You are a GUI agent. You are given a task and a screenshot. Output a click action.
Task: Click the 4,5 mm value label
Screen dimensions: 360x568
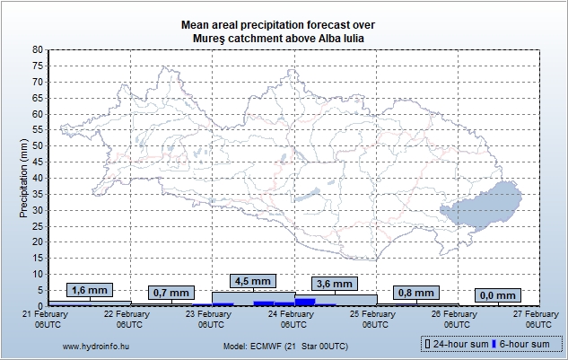(x=252, y=281)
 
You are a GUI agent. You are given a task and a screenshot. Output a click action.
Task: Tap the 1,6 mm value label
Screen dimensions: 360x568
(x=90, y=290)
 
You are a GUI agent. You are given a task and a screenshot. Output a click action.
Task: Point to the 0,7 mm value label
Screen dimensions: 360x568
(x=171, y=293)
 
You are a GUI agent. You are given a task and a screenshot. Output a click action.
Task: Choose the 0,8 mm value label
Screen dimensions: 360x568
(x=415, y=293)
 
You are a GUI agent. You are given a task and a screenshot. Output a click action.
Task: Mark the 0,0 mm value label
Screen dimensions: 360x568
(x=497, y=295)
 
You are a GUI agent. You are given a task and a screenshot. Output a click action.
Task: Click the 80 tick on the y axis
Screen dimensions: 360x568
(x=37, y=50)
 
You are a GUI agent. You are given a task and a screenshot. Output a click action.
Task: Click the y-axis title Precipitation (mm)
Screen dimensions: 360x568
(x=23, y=178)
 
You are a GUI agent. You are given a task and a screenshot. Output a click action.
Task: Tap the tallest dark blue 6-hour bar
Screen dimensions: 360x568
(x=305, y=302)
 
